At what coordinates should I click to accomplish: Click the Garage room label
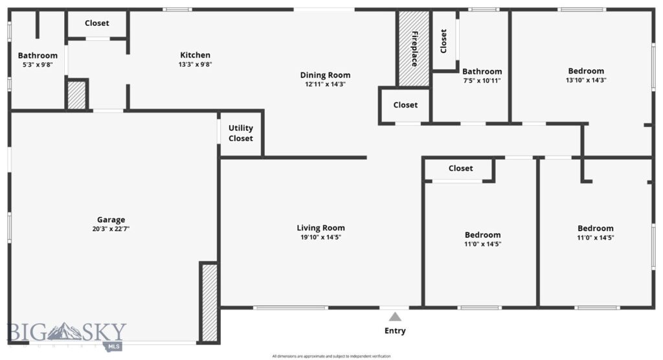tap(111, 219)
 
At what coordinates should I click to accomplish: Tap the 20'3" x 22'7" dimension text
tap(111, 229)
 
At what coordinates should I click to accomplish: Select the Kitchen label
tap(195, 55)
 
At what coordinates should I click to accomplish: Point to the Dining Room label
tap(325, 75)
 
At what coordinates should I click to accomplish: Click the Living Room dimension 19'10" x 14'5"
tap(320, 238)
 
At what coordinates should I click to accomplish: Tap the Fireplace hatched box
tap(414, 49)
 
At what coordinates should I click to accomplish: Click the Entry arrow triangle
tap(394, 317)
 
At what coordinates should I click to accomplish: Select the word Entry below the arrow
tap(395, 331)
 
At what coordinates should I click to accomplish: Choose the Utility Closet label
tap(241, 133)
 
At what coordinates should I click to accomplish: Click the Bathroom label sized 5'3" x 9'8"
tap(38, 56)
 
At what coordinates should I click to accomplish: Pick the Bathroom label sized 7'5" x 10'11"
tap(482, 71)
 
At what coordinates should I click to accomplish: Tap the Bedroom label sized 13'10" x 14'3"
tap(586, 71)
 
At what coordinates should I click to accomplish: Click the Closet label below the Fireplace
tap(405, 105)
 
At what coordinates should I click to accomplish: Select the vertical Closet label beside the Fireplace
tap(444, 41)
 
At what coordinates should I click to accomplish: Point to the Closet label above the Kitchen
tap(97, 23)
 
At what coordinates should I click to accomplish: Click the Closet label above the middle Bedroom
tap(460, 168)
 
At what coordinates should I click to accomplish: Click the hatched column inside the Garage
tap(209, 302)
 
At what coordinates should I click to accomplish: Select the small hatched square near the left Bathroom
tap(76, 95)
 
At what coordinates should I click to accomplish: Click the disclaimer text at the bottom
tap(331, 356)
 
